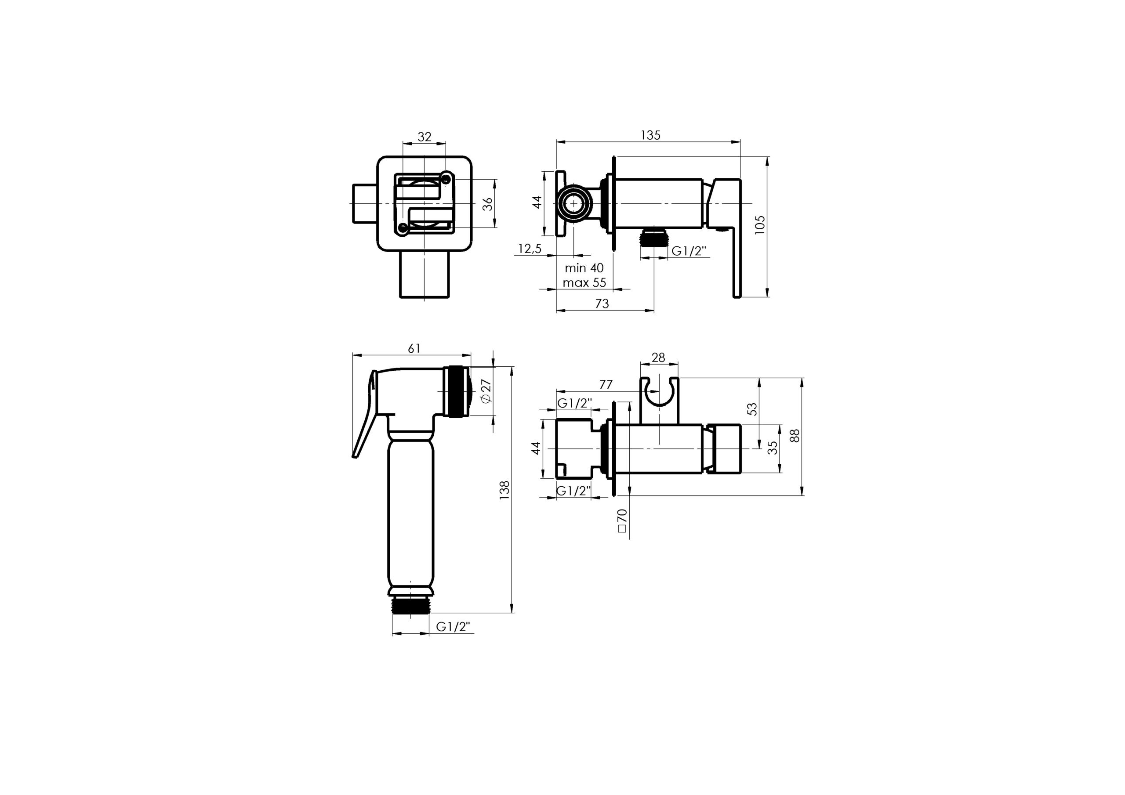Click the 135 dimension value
tap(651, 135)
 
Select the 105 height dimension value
tap(759, 225)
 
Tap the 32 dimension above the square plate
tap(425, 137)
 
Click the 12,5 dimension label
tap(530, 249)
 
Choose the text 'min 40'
tap(584, 268)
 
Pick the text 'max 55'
tap(584, 282)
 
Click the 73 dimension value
tap(602, 304)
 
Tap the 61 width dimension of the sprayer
tap(414, 348)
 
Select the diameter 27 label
tap(486, 390)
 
